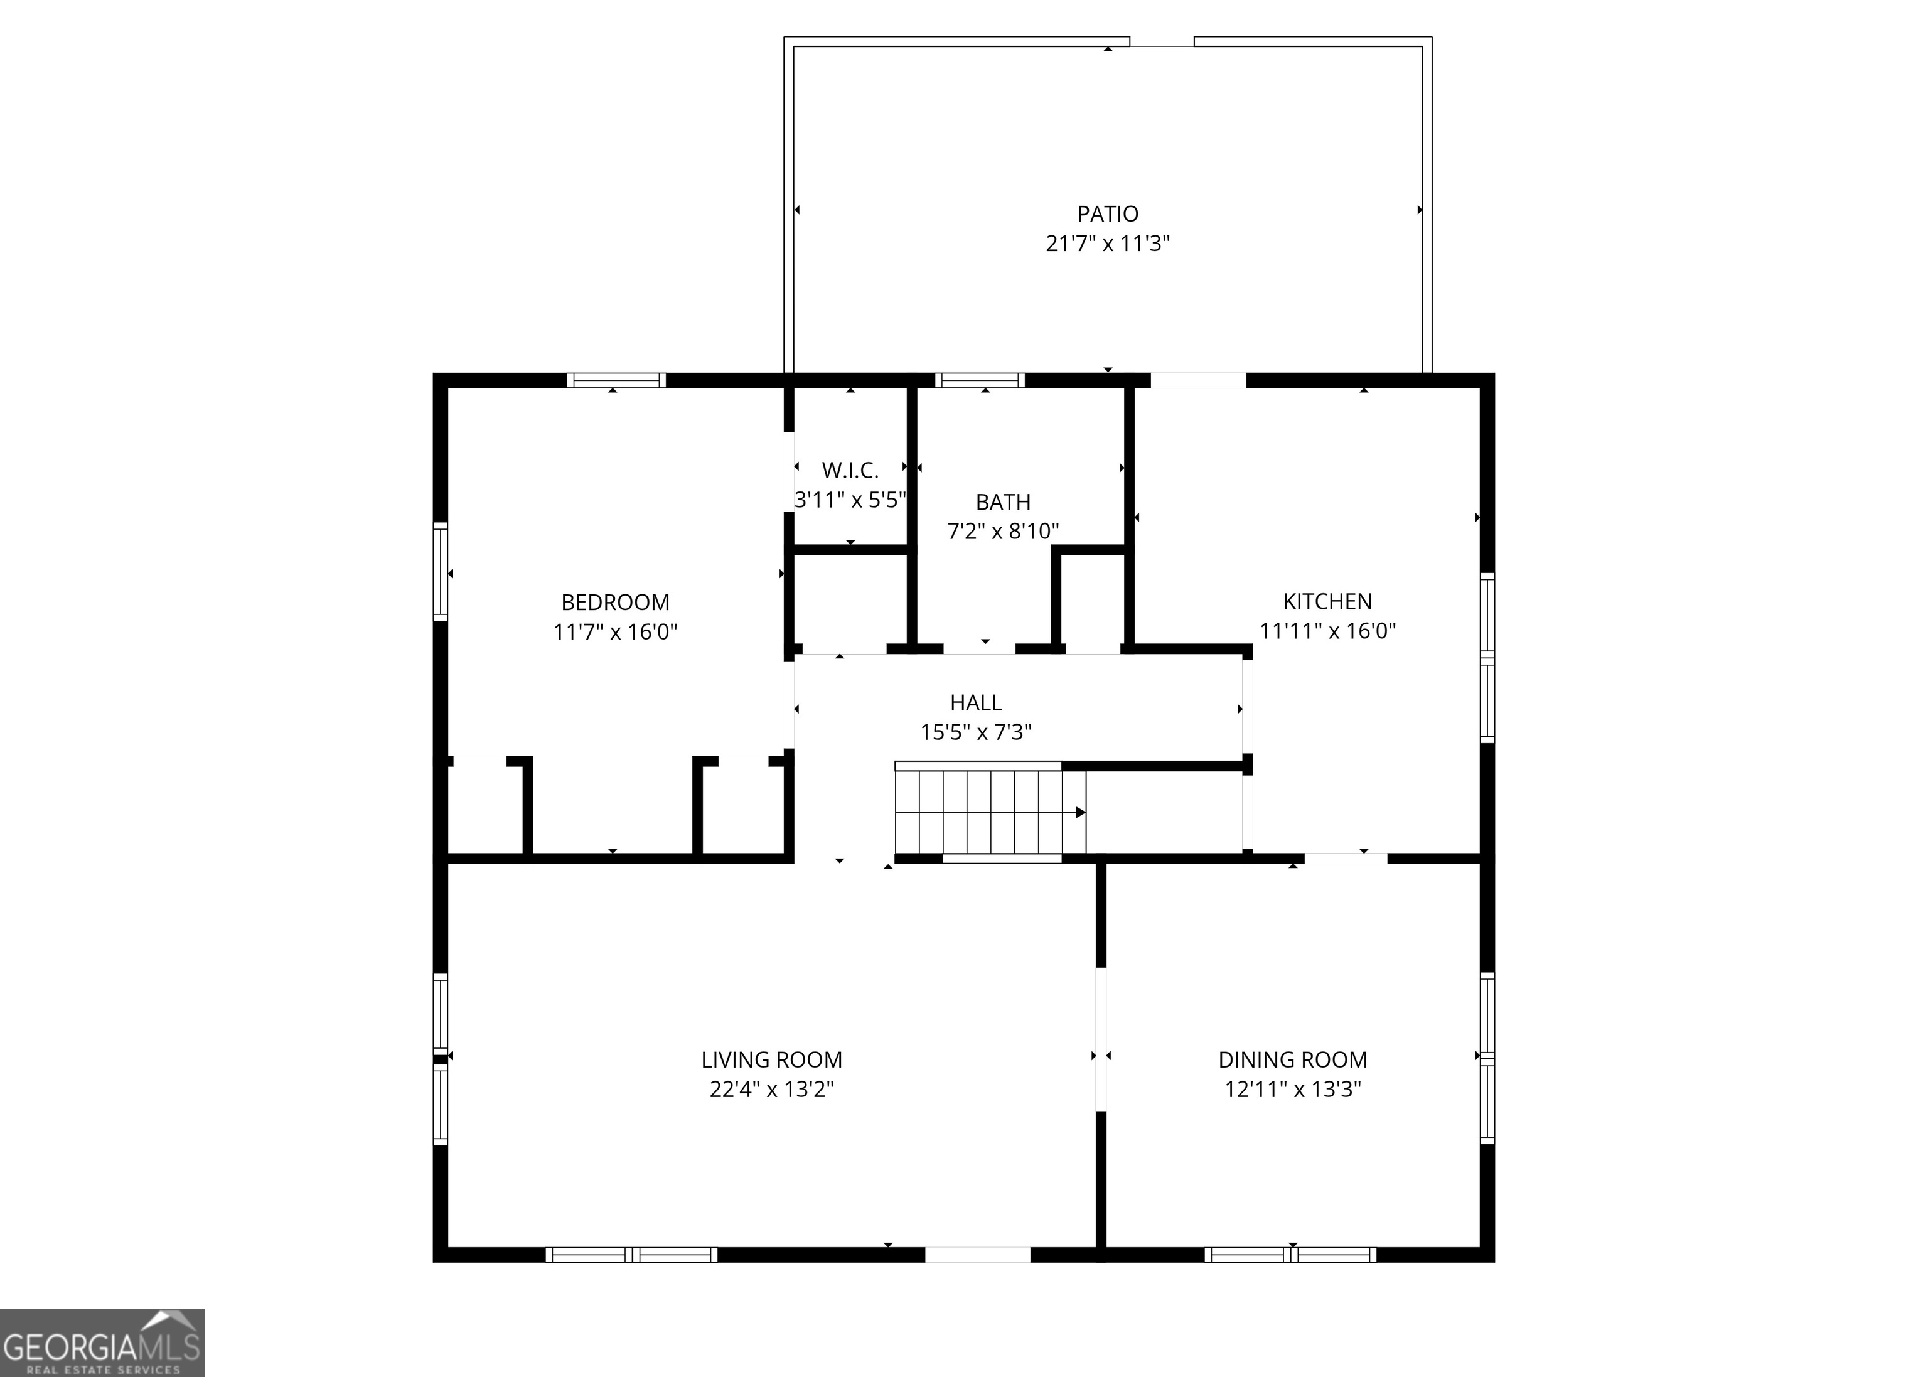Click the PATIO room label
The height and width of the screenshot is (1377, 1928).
(1107, 213)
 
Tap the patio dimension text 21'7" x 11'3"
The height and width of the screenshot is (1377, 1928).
(1107, 244)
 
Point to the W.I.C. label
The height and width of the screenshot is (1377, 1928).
(850, 469)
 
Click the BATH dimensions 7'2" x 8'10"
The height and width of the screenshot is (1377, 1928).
(1002, 531)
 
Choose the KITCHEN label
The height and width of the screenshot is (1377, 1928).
(1327, 601)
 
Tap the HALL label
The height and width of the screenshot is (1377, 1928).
(976, 702)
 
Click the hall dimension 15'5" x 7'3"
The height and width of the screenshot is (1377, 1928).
(976, 731)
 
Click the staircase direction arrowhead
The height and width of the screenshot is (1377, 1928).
(1080, 812)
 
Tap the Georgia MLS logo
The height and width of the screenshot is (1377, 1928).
(102, 1342)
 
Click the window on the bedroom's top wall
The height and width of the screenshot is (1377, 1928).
(616, 381)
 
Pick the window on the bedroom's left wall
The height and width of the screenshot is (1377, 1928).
(440, 572)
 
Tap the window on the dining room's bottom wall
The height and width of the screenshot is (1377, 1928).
(1290, 1254)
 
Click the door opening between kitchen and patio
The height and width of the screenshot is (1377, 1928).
(1197, 381)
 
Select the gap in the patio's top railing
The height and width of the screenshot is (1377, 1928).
(1162, 41)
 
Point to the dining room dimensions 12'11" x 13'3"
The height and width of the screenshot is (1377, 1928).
(1292, 1089)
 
